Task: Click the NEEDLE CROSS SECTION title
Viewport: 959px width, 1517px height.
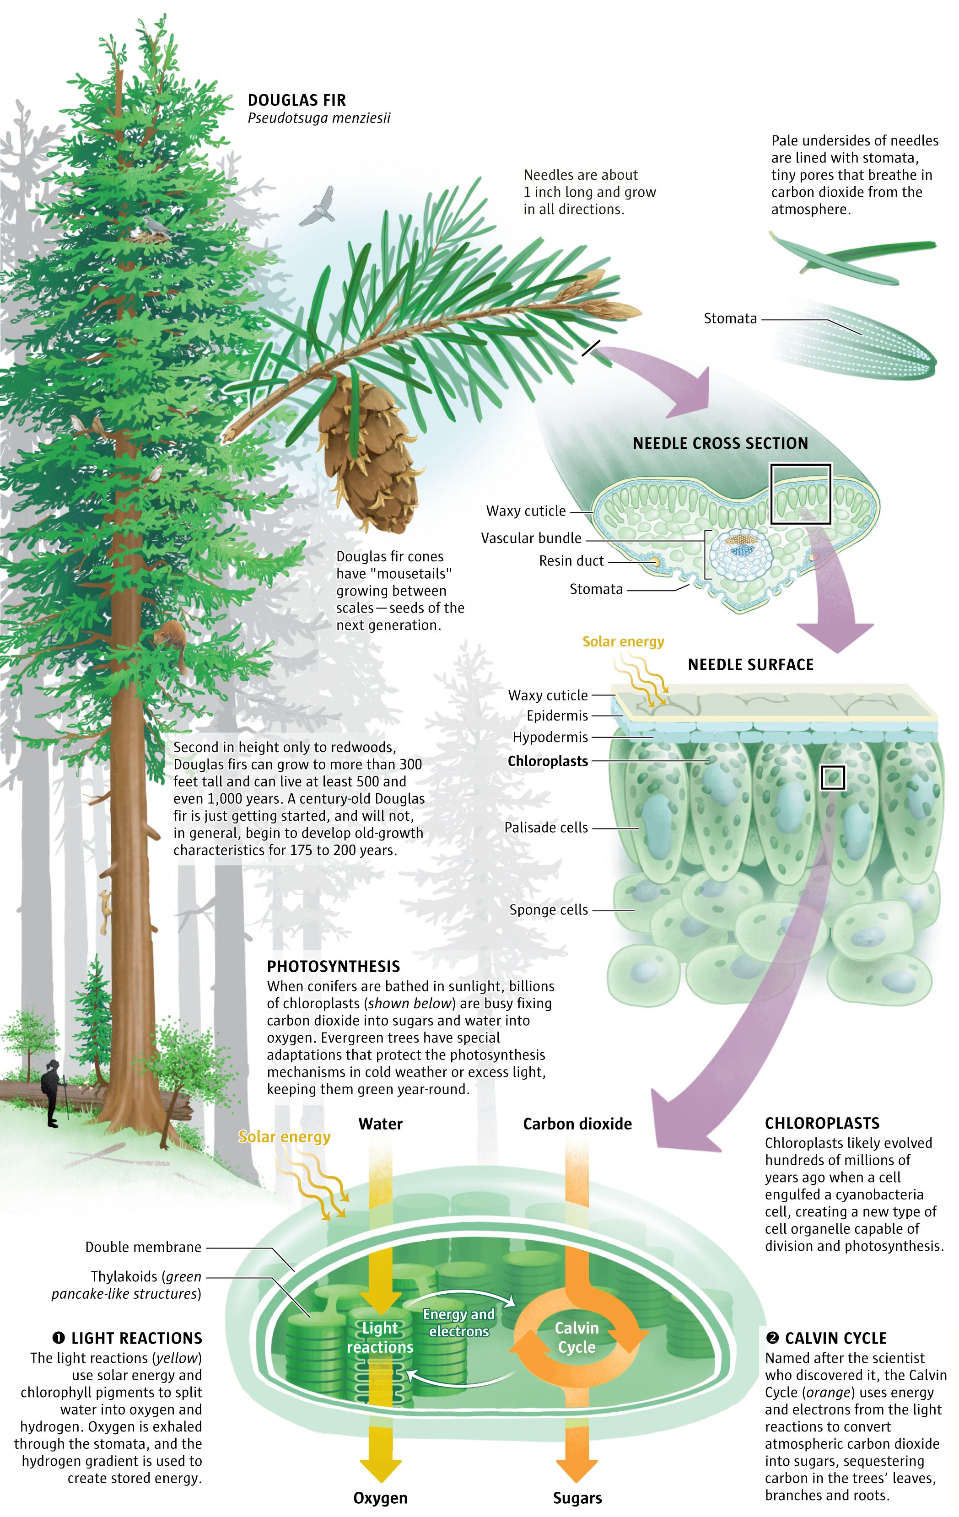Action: click(720, 443)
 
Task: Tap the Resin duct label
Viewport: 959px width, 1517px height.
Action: click(571, 561)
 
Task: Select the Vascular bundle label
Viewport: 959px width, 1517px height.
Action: click(531, 538)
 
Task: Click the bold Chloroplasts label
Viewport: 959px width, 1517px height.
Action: click(548, 761)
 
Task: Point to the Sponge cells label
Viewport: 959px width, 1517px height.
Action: click(548, 909)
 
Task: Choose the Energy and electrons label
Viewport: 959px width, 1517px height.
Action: click(459, 1322)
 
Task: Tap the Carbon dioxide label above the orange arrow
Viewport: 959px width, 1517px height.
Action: click(577, 1124)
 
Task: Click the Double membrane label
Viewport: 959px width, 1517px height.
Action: click(143, 1247)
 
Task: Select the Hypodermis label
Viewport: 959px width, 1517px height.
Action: click(550, 737)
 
